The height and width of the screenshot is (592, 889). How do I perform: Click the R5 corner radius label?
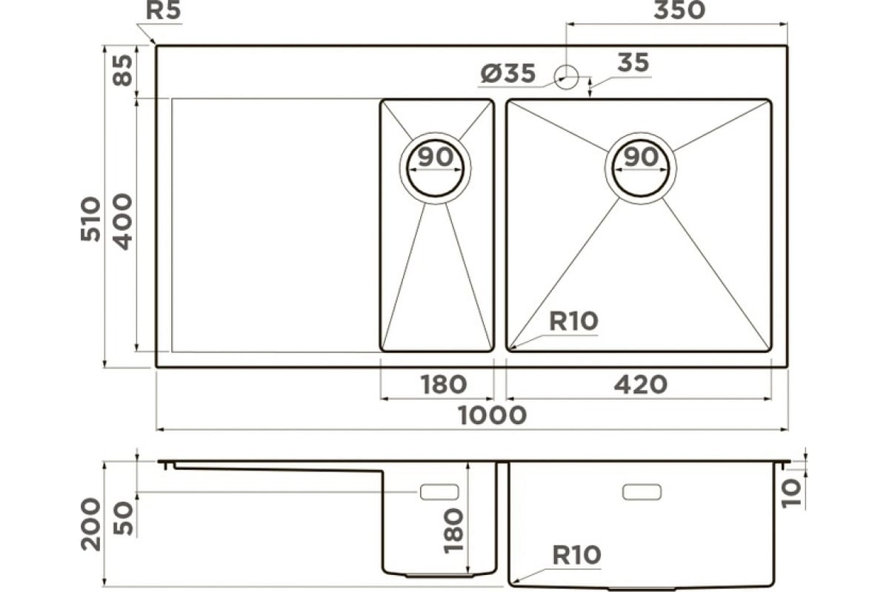[164, 10]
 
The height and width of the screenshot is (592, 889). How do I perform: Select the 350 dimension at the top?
[679, 10]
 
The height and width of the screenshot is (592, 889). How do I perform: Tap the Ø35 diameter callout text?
[508, 73]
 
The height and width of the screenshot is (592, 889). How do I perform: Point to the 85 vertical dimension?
[122, 70]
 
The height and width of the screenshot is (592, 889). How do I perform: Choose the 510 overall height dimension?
[90, 218]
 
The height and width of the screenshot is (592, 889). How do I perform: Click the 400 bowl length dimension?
[121, 221]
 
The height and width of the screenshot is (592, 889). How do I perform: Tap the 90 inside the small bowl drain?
[436, 157]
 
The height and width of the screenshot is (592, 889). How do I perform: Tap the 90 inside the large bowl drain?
[641, 157]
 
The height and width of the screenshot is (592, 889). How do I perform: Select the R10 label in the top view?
[573, 321]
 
